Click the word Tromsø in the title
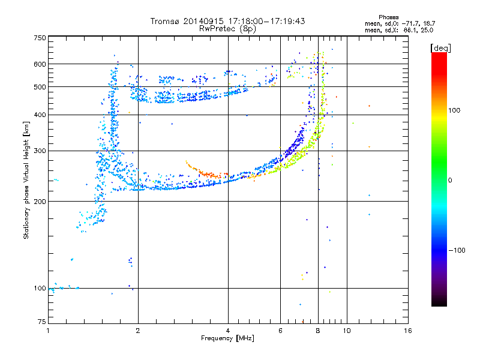(165, 21)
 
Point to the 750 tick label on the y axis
(40, 37)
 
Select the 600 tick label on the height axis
(40, 64)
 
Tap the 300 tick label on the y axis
(40, 151)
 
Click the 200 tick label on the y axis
(40, 202)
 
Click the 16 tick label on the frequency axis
(407, 331)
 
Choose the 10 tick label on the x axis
(346, 331)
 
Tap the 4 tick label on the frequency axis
(228, 331)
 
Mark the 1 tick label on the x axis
(48, 331)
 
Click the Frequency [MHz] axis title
(227, 338)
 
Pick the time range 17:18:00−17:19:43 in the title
(264, 21)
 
